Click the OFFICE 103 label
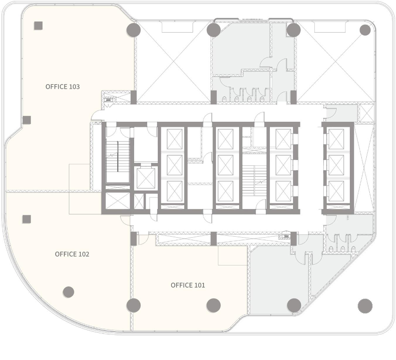[63, 87]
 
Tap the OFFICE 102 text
[72, 254]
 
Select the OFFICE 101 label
[188, 285]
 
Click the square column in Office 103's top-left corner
[39, 26]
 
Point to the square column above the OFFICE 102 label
[27, 219]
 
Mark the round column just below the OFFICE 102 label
[68, 292]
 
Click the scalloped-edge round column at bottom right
[365, 306]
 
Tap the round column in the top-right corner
[365, 30]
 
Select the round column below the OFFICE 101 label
[214, 305]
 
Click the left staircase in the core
[118, 156]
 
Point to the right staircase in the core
[254, 180]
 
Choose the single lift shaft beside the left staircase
[146, 178]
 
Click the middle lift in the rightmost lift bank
[337, 165]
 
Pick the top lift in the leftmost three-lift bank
[175, 139]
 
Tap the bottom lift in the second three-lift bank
[226, 191]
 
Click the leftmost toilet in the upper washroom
[224, 99]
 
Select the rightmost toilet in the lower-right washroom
[353, 249]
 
